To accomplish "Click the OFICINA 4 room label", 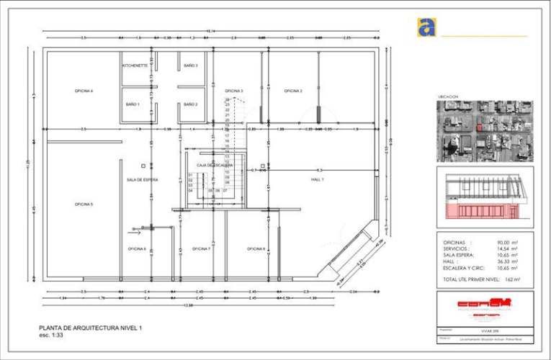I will (84, 91).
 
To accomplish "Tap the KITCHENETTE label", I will (135, 66).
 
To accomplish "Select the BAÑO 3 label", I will (190, 66).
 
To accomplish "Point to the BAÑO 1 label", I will (133, 104).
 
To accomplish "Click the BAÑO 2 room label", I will (190, 104).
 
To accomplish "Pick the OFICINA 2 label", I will (292, 91).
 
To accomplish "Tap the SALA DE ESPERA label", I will (142, 179).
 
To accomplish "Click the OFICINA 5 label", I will (84, 204).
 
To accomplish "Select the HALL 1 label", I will (318, 179).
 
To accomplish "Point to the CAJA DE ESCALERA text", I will (215, 165).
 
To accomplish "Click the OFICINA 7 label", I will (201, 248).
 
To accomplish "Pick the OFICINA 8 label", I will (256, 248).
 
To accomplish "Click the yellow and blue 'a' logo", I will (426, 27).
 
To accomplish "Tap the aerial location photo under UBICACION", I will (485, 131).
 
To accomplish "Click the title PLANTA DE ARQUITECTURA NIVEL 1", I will (91, 328).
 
